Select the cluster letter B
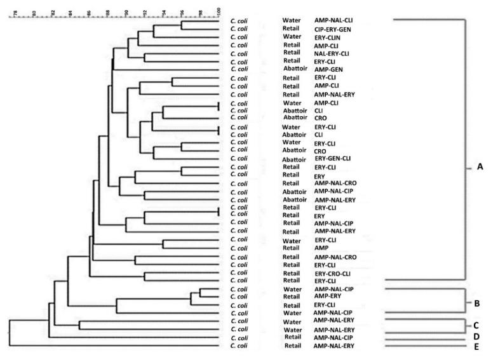[x=477, y=303]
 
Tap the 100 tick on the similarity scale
[x=219, y=11]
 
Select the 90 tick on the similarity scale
[x=127, y=11]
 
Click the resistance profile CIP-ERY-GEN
[x=333, y=29]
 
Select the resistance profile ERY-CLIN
[x=328, y=37]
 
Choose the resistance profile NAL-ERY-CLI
[x=332, y=53]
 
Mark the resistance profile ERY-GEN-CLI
[x=332, y=158]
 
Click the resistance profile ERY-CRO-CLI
[x=332, y=273]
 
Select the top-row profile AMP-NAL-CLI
[x=333, y=20]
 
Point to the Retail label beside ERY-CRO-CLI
[x=292, y=273]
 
